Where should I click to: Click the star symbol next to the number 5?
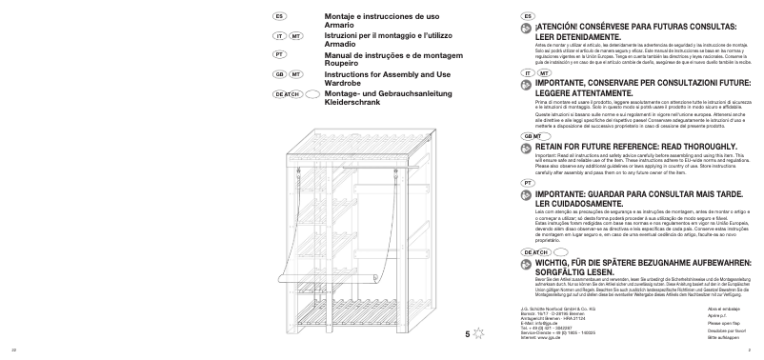click(x=480, y=333)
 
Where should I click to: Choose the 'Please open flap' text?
click(x=725, y=324)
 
